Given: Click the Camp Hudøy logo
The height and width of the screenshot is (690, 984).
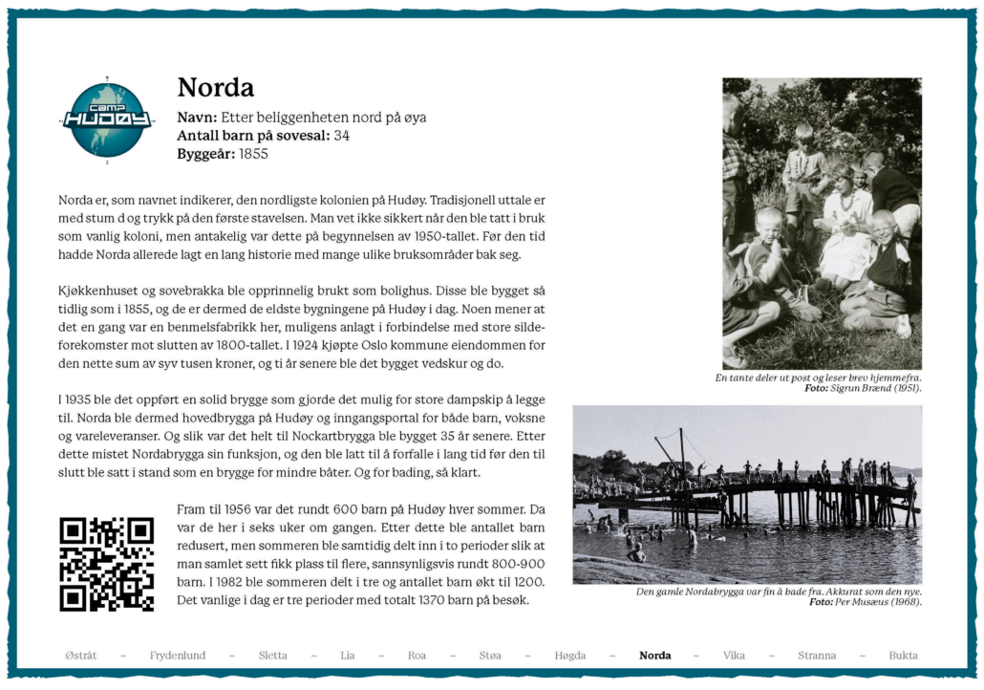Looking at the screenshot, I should [x=106, y=119].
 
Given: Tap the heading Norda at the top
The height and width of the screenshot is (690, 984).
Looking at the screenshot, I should [x=215, y=88].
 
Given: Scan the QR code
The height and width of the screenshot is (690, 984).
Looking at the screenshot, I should [x=106, y=564].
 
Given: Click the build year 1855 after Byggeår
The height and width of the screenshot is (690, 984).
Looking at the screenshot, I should [x=254, y=154].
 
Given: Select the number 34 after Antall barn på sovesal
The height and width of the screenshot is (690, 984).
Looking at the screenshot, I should [x=341, y=136].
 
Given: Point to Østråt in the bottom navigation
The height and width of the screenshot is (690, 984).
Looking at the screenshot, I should [x=81, y=656].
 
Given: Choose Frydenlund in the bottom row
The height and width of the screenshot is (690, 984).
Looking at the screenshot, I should [x=177, y=656].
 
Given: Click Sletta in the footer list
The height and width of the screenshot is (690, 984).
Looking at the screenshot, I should [x=272, y=656].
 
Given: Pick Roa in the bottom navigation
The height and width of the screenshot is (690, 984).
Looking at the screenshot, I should [x=417, y=656].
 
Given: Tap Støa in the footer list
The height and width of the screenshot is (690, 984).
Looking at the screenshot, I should [x=490, y=656].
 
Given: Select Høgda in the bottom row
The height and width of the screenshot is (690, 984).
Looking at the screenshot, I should [x=570, y=656].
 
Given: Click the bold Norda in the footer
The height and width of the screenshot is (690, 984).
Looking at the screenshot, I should [x=654, y=656].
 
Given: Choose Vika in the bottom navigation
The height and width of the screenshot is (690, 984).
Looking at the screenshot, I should [x=734, y=656].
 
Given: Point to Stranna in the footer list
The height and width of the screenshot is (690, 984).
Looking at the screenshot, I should [x=817, y=656].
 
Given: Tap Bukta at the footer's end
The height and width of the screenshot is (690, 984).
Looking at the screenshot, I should [x=903, y=656].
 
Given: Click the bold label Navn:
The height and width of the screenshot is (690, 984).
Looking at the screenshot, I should [x=198, y=118].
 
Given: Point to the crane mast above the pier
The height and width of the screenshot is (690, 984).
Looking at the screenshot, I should [x=680, y=449].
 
